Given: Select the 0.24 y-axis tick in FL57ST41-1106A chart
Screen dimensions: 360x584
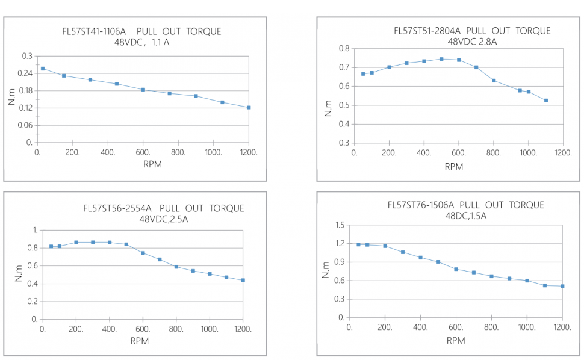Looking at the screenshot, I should (x=26, y=73).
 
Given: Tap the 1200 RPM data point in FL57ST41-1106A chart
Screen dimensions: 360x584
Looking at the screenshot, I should (x=248, y=107).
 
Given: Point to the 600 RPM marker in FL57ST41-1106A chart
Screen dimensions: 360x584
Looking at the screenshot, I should (x=143, y=90).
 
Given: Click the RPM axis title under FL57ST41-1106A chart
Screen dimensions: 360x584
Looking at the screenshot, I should (x=143, y=164).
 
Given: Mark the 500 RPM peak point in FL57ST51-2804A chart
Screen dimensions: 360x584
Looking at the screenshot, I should (x=441, y=59).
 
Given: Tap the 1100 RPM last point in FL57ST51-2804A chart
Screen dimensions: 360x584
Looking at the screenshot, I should (x=546, y=101).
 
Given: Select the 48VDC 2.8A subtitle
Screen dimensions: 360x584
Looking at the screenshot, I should (x=471, y=42).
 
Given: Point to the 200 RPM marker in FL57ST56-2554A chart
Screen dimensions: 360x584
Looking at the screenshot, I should (x=76, y=242).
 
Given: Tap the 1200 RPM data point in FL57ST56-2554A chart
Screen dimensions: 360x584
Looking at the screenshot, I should (x=243, y=280).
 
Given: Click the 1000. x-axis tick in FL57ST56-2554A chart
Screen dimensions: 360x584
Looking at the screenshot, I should (x=210, y=329).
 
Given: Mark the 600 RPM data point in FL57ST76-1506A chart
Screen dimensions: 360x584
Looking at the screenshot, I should (x=456, y=269).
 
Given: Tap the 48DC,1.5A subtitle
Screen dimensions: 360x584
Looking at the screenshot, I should (x=466, y=216).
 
